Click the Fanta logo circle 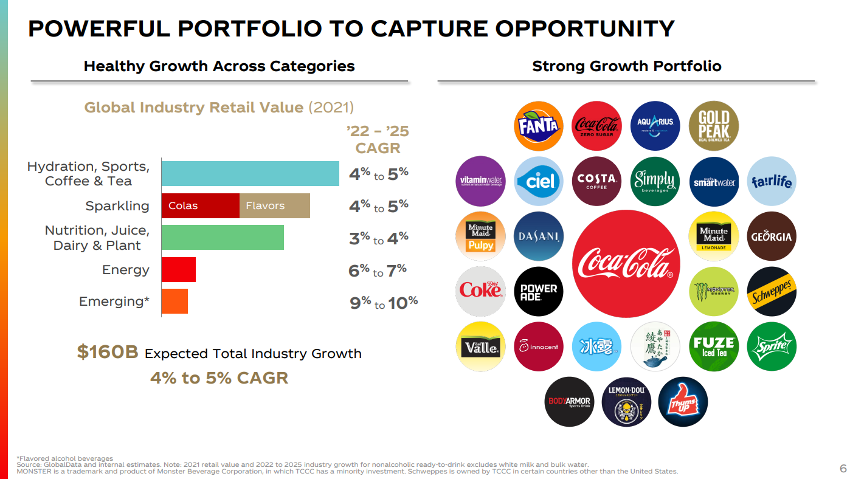tap(539, 126)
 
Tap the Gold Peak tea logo tap(714, 126)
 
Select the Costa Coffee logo tap(596, 181)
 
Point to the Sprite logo tap(772, 346)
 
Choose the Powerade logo tap(539, 291)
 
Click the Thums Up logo tap(683, 402)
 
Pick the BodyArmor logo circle tap(569, 402)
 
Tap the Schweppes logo tap(772, 291)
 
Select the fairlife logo tap(772, 181)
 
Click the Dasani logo tap(539, 236)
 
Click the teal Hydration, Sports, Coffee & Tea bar tap(250, 174)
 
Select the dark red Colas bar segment tap(201, 205)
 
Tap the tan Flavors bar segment tap(275, 205)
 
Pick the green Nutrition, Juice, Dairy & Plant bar tap(223, 237)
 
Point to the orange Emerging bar tap(175, 301)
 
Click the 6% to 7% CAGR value tap(378, 271)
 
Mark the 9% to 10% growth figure tap(384, 302)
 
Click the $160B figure tap(108, 353)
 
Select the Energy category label tap(125, 270)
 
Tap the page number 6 tap(843, 468)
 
